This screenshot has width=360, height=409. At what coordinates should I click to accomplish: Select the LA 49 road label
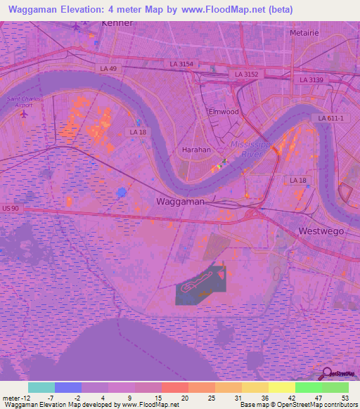tap(109, 68)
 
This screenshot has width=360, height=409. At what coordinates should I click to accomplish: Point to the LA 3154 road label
tap(181, 64)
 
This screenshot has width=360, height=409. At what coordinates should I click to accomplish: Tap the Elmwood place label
tap(224, 112)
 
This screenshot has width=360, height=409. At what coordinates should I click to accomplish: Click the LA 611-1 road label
tap(330, 118)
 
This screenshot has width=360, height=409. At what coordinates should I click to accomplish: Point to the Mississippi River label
tap(246, 148)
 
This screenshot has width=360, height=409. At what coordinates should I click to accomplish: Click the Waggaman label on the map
tap(179, 201)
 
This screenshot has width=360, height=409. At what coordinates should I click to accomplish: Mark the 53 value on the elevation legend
tap(345, 398)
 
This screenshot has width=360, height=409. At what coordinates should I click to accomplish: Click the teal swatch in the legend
tap(41, 387)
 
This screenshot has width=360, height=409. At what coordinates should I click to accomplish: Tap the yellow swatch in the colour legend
tap(281, 387)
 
